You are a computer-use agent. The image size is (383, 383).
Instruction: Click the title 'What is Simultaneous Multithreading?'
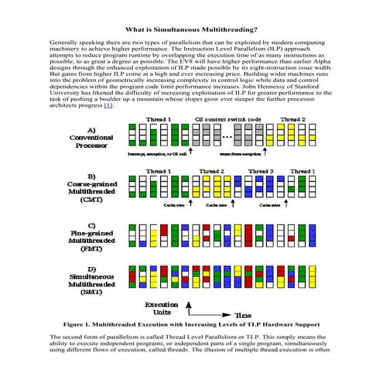tap(191, 29)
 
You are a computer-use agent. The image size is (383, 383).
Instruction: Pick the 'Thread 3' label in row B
tap(261, 171)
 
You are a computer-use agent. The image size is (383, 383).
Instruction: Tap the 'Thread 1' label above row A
tap(159, 120)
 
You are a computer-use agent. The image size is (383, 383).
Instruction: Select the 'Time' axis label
tap(243, 315)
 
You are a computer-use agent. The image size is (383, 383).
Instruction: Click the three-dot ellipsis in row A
tap(228, 138)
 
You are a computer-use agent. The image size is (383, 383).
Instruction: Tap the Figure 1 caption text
tap(191, 324)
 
